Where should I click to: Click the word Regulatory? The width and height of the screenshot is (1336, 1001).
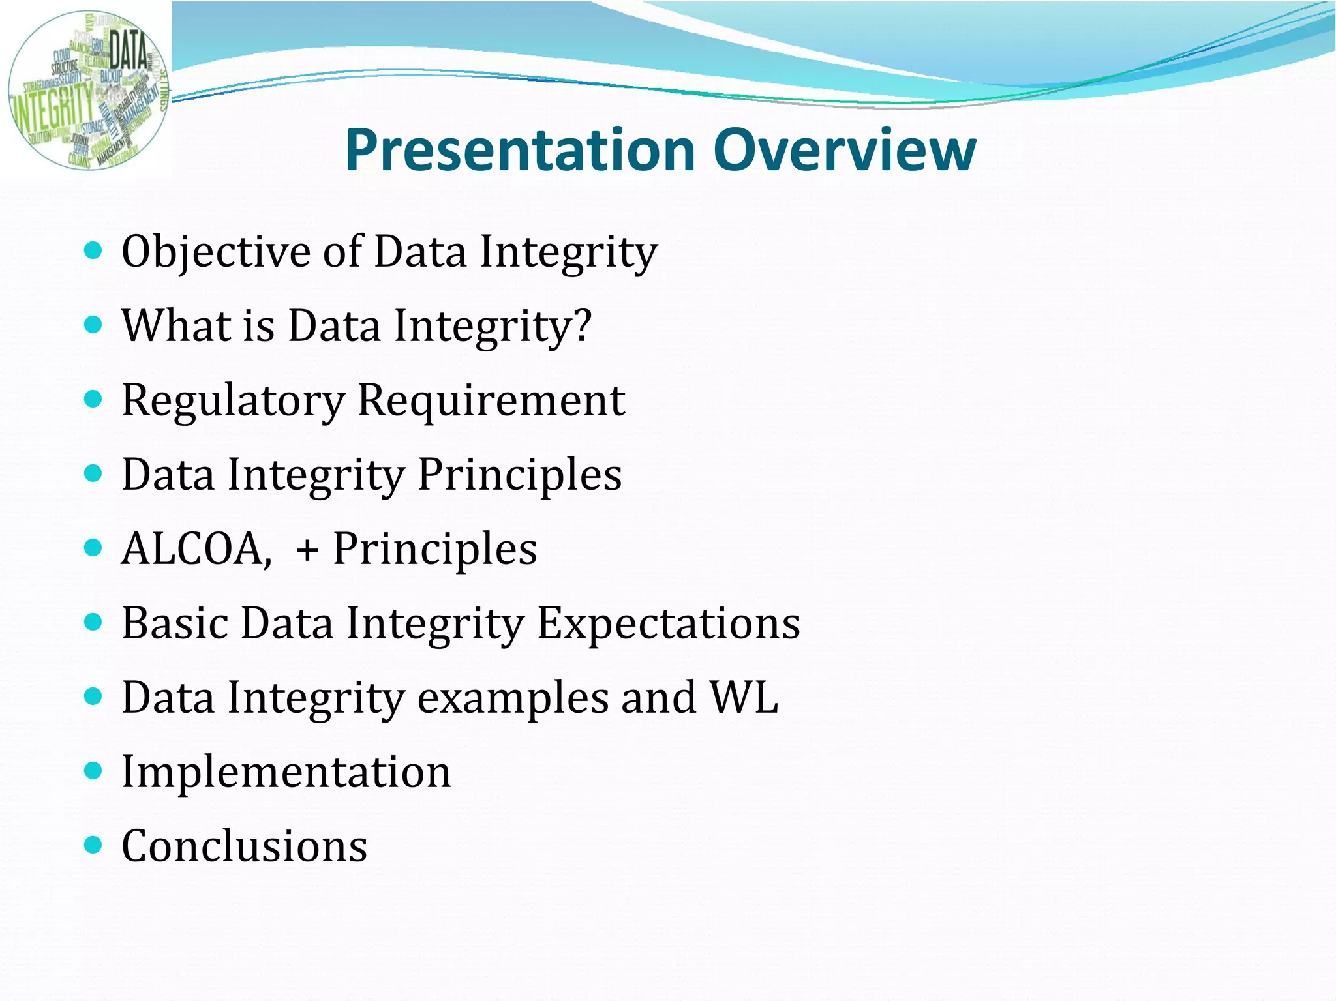[x=233, y=401]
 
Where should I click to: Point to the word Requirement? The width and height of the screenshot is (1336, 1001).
[x=491, y=400]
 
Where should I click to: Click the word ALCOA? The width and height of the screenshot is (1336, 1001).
[x=195, y=549]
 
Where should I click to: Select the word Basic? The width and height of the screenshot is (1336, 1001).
[x=174, y=623]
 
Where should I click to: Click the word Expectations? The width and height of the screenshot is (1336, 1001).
[x=668, y=624]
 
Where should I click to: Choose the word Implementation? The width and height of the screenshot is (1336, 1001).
[x=286, y=772]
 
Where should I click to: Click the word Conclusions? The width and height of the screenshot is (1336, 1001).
[x=244, y=846]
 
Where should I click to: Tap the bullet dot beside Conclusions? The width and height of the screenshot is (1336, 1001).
[x=94, y=846]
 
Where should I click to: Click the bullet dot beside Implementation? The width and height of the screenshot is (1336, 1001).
[x=94, y=771]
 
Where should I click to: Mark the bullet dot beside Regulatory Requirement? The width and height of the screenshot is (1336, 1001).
[x=94, y=399]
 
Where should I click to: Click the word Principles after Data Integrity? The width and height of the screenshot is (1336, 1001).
[x=519, y=475]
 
